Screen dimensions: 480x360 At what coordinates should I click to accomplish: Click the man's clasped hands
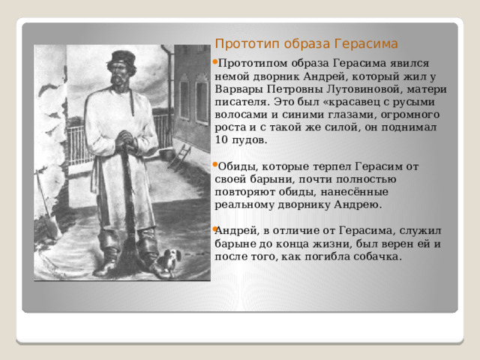125,140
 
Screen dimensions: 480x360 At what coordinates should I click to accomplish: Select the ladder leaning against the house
179,157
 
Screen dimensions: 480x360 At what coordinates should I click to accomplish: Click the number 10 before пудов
221,139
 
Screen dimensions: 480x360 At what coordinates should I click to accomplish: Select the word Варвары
238,90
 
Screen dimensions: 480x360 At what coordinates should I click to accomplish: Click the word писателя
242,102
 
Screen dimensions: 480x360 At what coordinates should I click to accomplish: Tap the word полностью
366,179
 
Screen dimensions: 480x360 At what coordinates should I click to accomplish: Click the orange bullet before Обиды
215,165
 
